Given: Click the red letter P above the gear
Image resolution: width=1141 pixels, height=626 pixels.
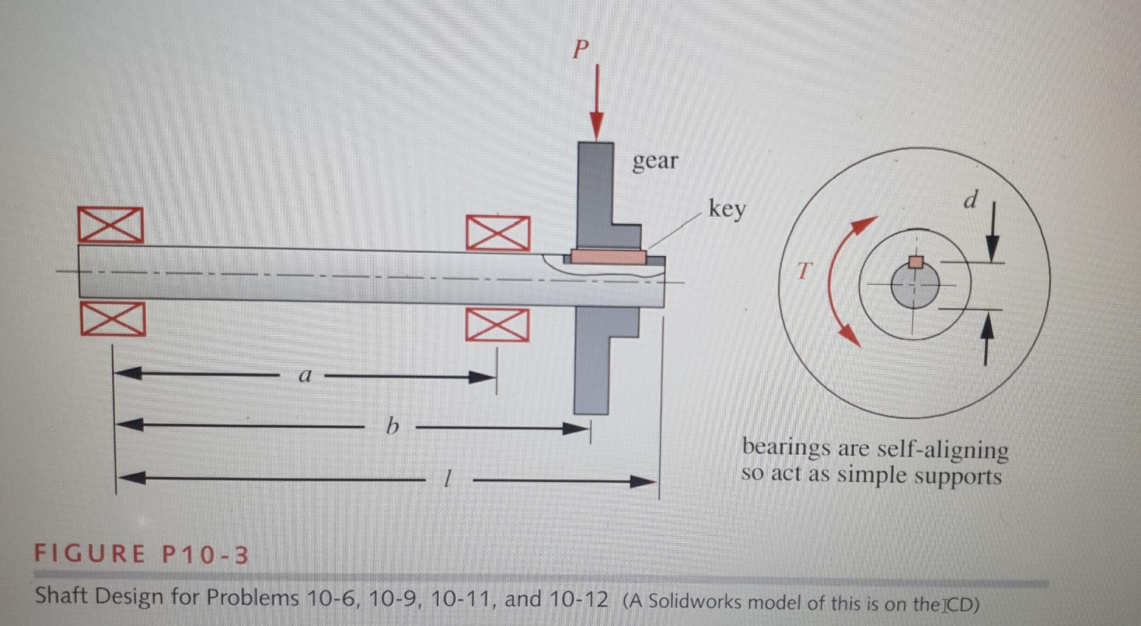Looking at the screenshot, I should pyautogui.click(x=581, y=49).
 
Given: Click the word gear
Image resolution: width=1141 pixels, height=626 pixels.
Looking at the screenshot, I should pyautogui.click(x=654, y=161).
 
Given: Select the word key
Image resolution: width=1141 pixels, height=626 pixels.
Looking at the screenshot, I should pyautogui.click(x=727, y=209).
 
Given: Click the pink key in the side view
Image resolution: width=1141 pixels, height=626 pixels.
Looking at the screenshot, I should pyautogui.click(x=608, y=257).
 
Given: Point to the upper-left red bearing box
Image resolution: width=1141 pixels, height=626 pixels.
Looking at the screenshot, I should pyautogui.click(x=111, y=225).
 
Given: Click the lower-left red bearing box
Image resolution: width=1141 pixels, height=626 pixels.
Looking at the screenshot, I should pyautogui.click(x=113, y=319).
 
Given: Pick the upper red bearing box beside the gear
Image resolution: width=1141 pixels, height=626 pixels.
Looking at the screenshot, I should pyautogui.click(x=497, y=232).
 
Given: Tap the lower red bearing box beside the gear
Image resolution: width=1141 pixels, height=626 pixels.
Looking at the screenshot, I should pyautogui.click(x=497, y=325).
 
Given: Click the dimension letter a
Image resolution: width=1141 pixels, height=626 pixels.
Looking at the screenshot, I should pyautogui.click(x=305, y=375).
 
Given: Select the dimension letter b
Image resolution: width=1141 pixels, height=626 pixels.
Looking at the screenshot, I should pyautogui.click(x=391, y=426).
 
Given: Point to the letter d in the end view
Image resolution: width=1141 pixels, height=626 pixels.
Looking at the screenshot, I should pyautogui.click(x=970, y=200).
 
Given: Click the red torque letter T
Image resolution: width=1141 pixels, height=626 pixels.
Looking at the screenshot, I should pyautogui.click(x=803, y=271).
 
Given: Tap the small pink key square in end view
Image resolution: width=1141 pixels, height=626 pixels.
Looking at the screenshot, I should pyautogui.click(x=916, y=262).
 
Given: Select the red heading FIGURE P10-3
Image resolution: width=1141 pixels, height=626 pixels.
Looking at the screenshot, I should pyautogui.click(x=141, y=554).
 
